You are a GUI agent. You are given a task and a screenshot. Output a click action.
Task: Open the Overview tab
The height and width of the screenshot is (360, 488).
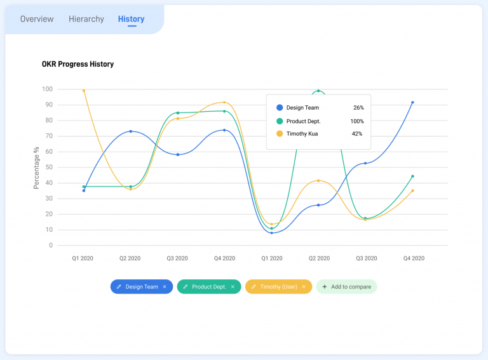point(37,19)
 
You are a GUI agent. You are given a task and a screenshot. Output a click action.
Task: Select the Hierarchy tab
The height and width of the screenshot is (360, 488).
point(86,19)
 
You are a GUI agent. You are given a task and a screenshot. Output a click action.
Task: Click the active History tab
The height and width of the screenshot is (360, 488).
point(131,19)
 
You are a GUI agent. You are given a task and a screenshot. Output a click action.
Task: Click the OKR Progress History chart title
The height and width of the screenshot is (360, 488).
point(78,64)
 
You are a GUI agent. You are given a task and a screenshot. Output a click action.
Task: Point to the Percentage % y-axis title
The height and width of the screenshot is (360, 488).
point(37,168)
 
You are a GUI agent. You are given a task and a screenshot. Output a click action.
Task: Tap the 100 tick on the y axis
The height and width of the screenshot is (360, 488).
point(48,89)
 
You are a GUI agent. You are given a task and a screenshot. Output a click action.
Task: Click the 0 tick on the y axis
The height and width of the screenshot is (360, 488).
point(51,245)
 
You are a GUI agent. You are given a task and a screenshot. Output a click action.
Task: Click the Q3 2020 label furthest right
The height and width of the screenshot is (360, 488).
point(365,258)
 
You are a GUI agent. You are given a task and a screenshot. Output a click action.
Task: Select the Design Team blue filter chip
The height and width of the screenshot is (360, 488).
point(142,287)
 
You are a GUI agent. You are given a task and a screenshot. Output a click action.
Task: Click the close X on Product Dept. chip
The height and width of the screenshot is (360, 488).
point(233,287)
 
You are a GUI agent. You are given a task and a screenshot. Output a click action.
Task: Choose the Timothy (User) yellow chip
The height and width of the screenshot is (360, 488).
point(278,287)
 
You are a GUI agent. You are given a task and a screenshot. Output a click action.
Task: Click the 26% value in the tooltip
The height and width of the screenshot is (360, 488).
point(358,108)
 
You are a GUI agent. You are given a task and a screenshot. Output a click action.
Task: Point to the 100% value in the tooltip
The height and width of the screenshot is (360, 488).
point(357,121)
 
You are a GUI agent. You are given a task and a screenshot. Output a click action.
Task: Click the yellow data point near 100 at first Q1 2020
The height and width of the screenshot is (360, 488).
point(84,91)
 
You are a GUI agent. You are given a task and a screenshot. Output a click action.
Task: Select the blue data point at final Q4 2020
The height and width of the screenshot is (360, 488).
point(412,102)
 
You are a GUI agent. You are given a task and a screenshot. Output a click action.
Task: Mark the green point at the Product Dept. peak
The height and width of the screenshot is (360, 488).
point(318,91)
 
